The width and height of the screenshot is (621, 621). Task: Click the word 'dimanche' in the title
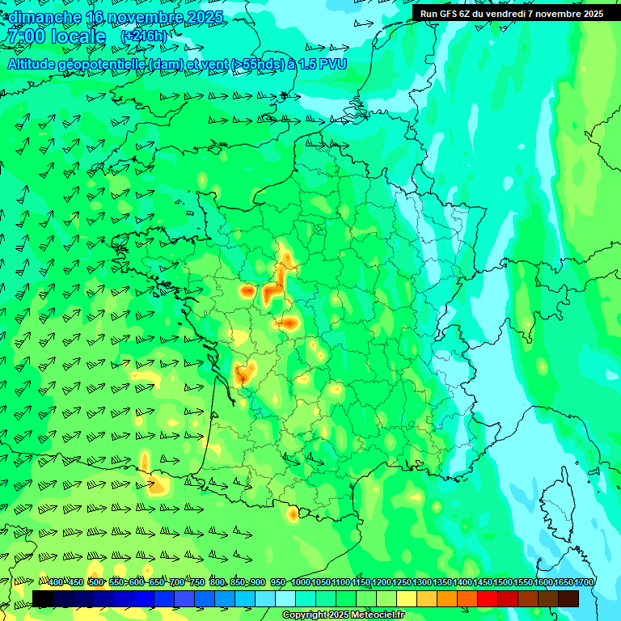click(x=44, y=17)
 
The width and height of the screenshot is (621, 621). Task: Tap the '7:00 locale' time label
click(x=56, y=37)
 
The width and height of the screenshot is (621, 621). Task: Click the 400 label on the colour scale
click(x=55, y=583)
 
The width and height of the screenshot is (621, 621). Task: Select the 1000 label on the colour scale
click(x=300, y=583)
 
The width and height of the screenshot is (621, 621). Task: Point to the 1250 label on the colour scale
click(x=402, y=583)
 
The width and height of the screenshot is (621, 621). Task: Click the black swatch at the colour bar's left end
click(x=43, y=598)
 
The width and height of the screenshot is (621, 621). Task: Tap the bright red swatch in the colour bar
click(x=488, y=598)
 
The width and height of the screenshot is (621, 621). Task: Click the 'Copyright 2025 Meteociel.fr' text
click(x=344, y=615)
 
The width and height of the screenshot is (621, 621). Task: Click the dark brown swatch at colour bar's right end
click(x=568, y=598)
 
